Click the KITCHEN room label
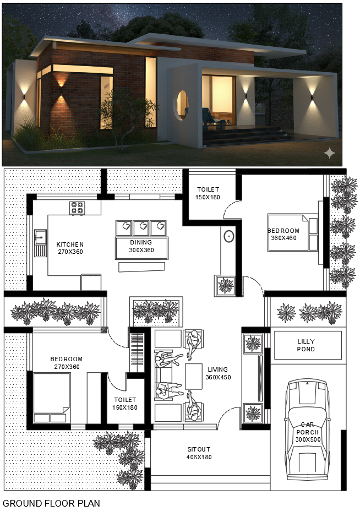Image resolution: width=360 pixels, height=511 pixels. click(70, 244)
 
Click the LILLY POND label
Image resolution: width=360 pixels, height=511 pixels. click(306, 345)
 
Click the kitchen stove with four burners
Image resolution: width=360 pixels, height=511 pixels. click(77, 208)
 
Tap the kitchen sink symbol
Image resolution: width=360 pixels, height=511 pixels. click(40, 242)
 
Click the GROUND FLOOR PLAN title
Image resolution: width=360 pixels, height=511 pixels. click(52, 503)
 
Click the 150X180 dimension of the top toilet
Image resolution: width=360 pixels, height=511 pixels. click(208, 198)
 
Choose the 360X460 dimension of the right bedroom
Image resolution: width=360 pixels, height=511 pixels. click(283, 238)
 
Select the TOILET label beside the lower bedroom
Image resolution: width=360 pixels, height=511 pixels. click(125, 400)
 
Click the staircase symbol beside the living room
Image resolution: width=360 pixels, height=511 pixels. click(137, 350)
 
